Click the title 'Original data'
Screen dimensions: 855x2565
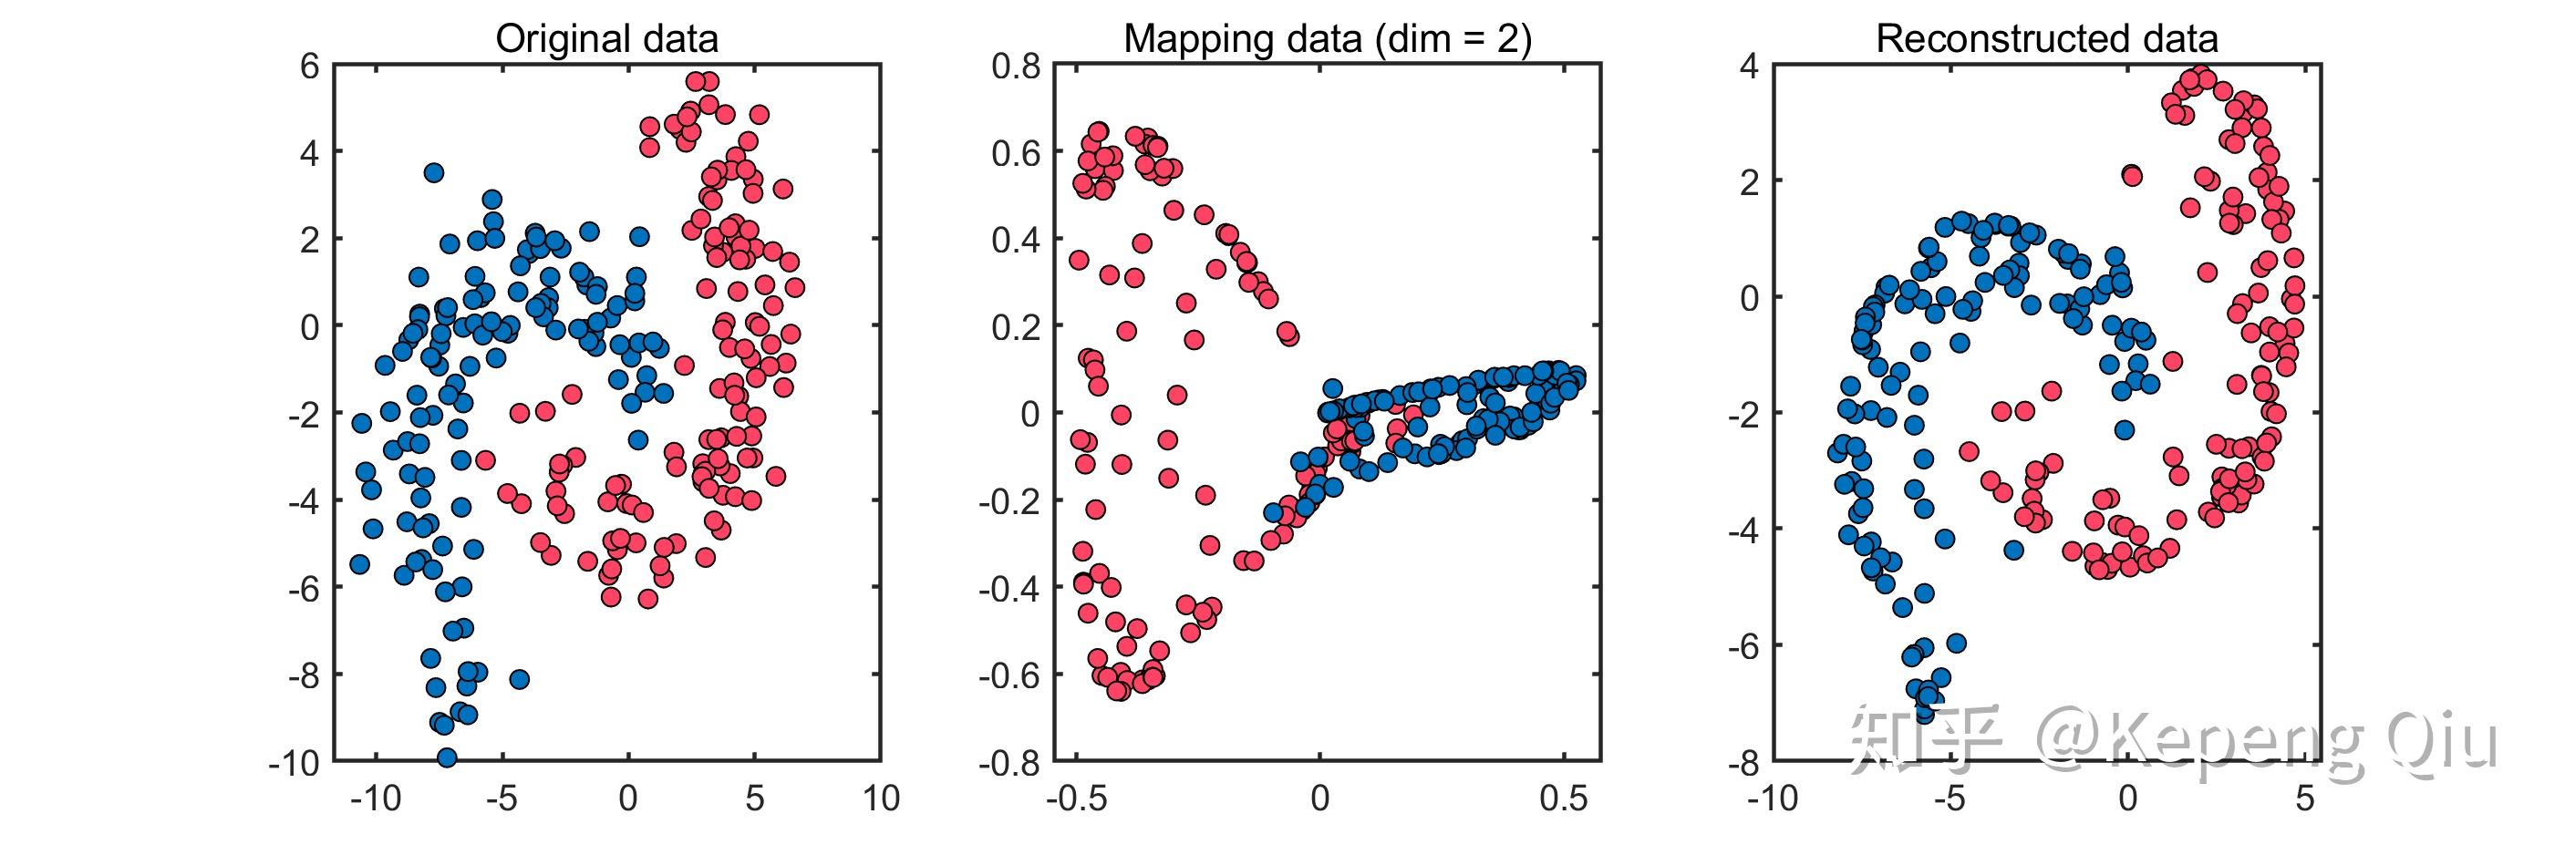[x=606, y=39]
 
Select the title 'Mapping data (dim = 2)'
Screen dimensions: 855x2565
[x=1327, y=39]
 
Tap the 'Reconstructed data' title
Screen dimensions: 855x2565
[x=2046, y=39]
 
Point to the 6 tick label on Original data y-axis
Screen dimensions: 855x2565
[x=310, y=67]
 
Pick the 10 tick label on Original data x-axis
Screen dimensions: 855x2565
[x=880, y=799]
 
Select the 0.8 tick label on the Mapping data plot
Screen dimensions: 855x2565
[x=1016, y=67]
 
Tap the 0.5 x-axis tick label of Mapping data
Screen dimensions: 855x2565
[x=1562, y=799]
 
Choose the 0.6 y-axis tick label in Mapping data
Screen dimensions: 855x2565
[x=1016, y=153]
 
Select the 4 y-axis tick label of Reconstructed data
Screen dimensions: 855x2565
[x=1750, y=67]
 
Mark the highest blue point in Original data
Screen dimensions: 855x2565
[x=433, y=172]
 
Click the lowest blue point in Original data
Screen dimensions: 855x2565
[x=447, y=757]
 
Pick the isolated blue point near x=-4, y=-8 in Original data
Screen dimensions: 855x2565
[x=519, y=680]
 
